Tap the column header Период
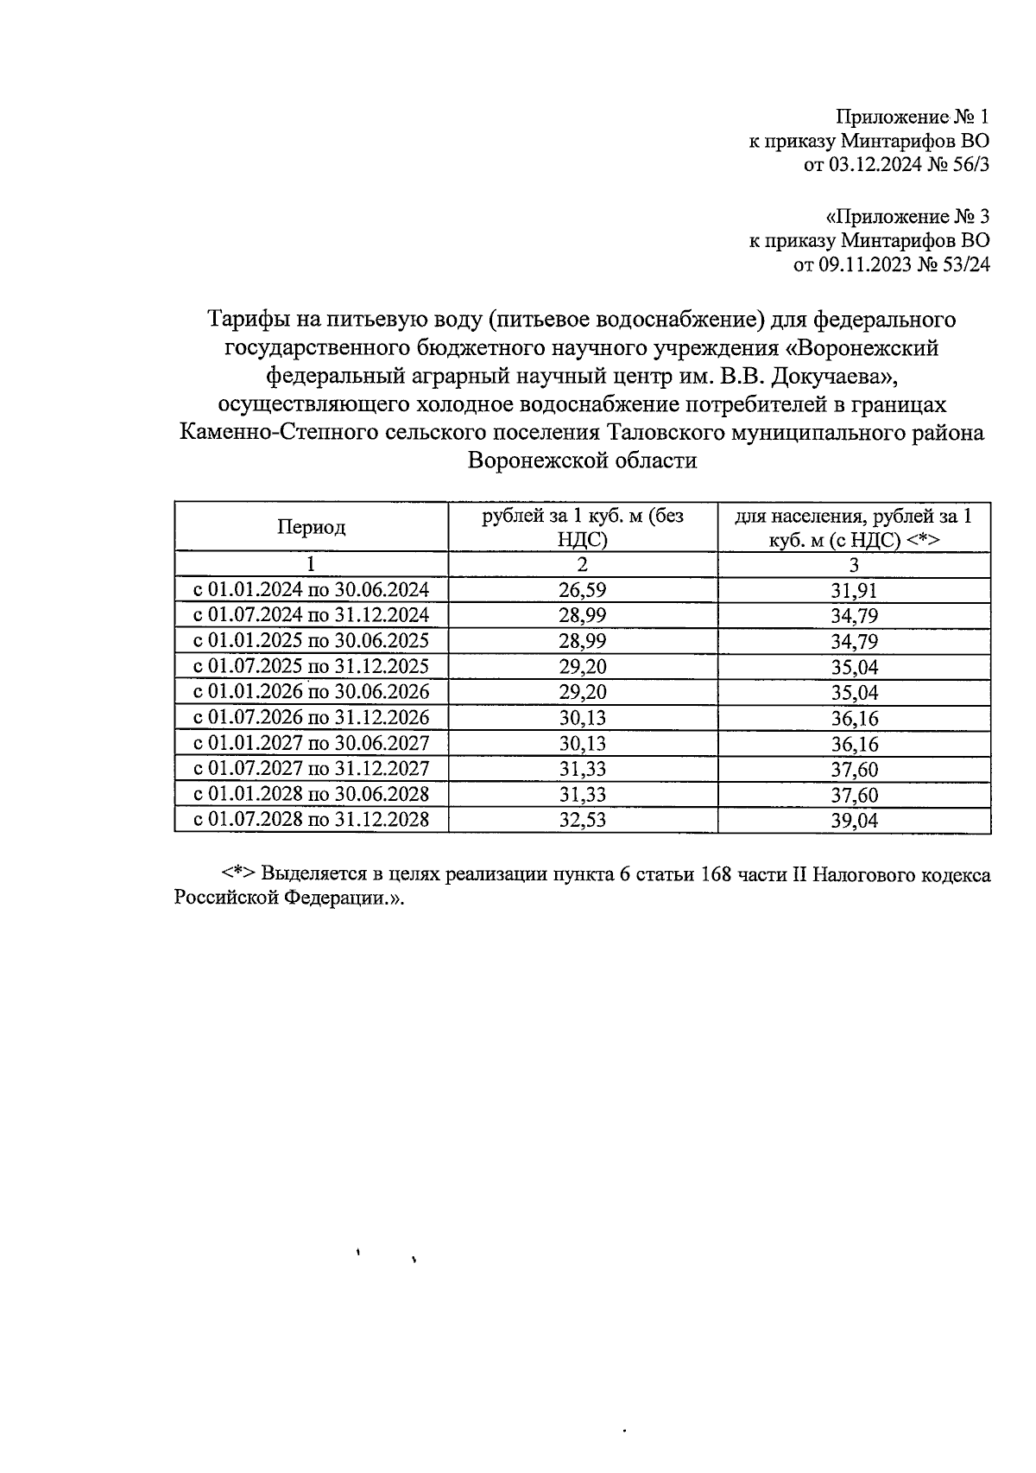click(x=311, y=527)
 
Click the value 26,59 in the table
click(x=583, y=591)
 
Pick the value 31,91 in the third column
click(x=854, y=591)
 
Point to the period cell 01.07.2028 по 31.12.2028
click(x=311, y=820)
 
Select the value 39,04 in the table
click(x=854, y=821)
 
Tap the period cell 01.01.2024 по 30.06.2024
click(x=311, y=591)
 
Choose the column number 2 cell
click(x=583, y=565)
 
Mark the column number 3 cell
click(x=854, y=565)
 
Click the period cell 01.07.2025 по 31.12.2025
click(x=311, y=667)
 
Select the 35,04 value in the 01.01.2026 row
click(x=854, y=693)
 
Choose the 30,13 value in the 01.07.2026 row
click(x=583, y=718)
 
